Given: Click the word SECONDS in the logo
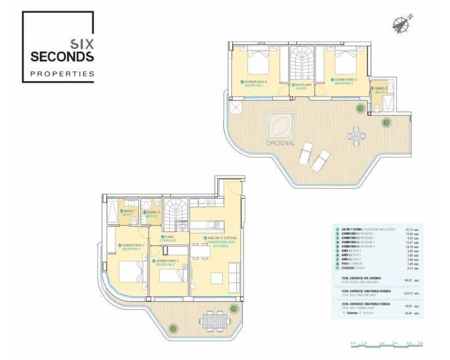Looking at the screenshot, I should (x=62, y=56).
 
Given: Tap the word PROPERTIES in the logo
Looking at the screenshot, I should (x=62, y=74).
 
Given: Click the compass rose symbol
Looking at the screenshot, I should (x=401, y=24).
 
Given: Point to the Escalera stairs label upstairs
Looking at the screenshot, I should (x=302, y=86).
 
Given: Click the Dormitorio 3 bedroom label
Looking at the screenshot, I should (x=343, y=82).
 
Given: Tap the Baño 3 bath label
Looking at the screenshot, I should (x=380, y=89).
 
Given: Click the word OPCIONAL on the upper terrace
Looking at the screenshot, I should (x=281, y=143).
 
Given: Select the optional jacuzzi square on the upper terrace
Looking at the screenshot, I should (x=281, y=125).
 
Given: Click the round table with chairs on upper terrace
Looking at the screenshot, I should (x=356, y=136).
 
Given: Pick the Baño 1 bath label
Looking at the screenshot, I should (x=129, y=213).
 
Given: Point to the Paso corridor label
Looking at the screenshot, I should (x=169, y=238).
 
